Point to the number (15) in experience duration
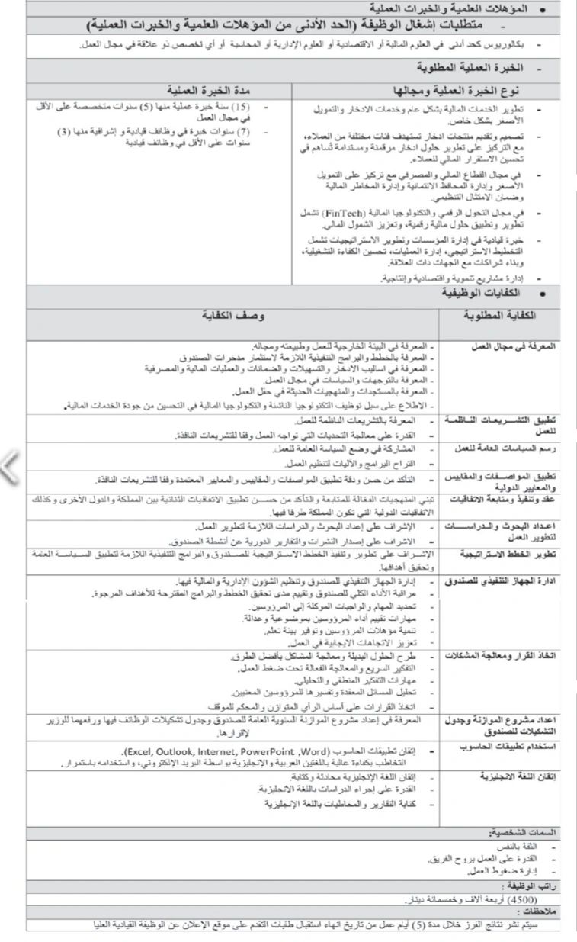tap(241, 106)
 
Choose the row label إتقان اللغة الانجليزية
tap(518, 776)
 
